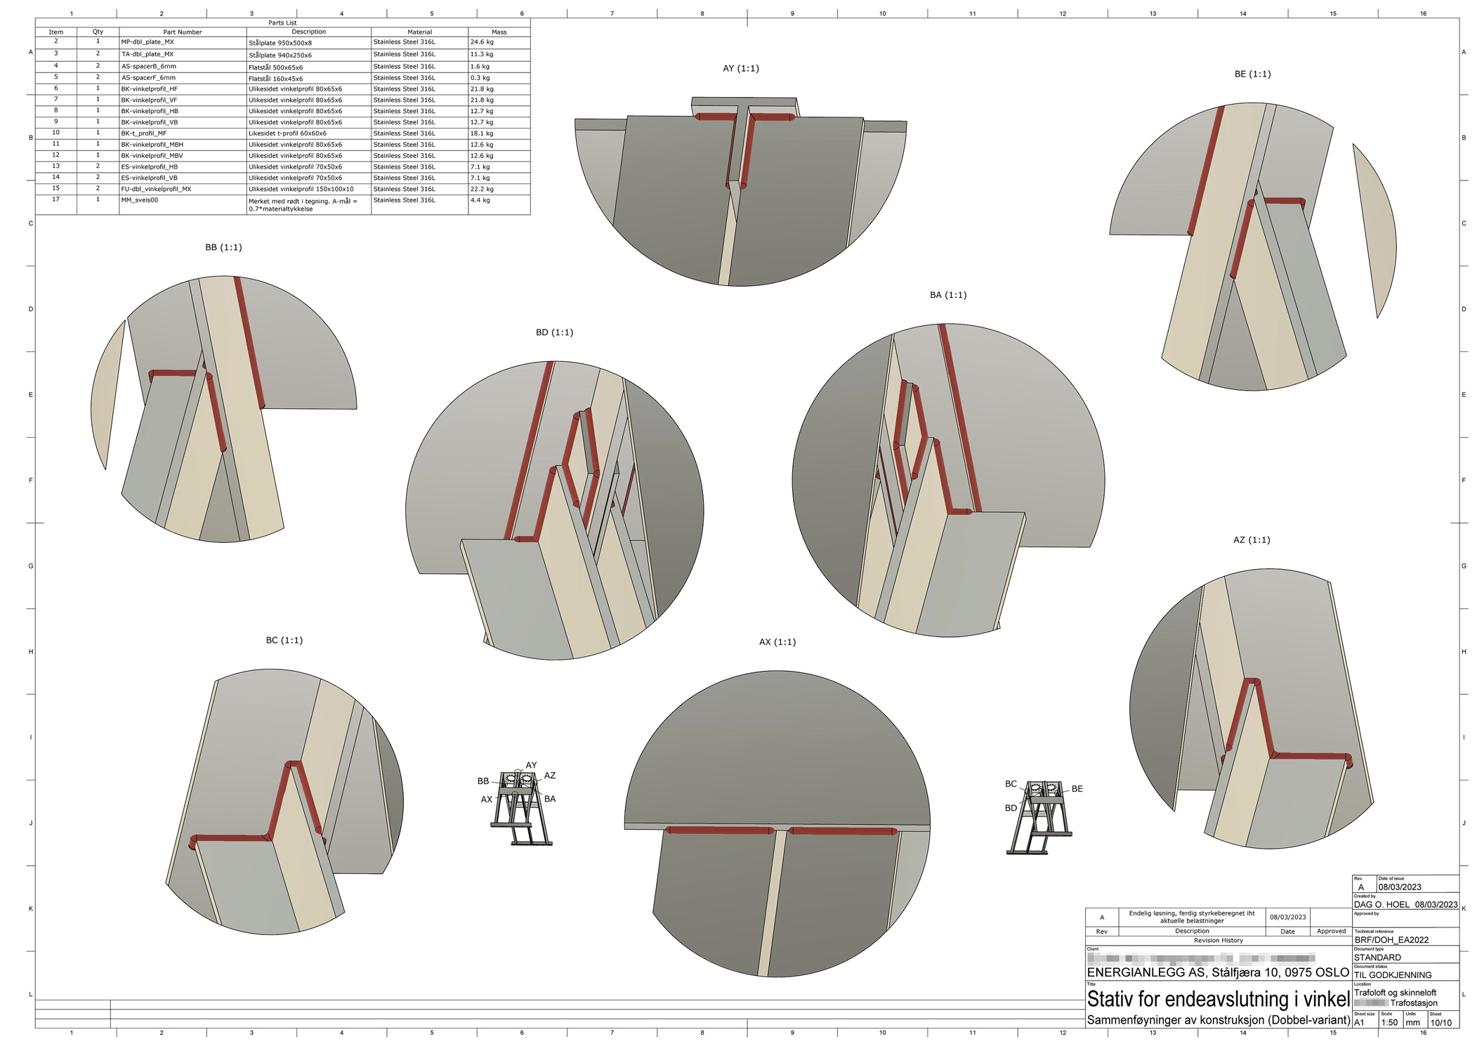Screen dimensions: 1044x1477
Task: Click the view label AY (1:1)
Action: (x=740, y=68)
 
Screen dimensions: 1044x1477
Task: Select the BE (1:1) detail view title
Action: (x=1252, y=74)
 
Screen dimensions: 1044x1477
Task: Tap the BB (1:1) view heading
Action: (x=223, y=247)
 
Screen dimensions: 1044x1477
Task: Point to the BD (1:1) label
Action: (x=554, y=332)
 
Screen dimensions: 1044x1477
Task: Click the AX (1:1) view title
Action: (x=777, y=642)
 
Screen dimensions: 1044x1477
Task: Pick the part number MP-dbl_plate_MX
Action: (x=147, y=42)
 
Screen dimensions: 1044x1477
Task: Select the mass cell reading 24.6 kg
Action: (x=482, y=42)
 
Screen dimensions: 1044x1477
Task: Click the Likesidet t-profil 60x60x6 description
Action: (x=287, y=133)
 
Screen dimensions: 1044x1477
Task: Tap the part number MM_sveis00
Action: (x=140, y=200)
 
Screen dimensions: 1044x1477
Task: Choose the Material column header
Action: (x=419, y=32)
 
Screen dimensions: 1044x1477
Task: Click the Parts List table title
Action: (x=282, y=22)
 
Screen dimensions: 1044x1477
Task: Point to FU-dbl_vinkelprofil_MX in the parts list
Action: (x=156, y=189)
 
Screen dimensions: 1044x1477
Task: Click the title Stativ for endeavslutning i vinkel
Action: (x=1218, y=999)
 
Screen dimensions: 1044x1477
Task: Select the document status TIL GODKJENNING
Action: (x=1392, y=975)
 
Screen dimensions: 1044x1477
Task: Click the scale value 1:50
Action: (x=1389, y=1023)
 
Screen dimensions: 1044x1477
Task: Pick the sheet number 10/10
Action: (x=1440, y=1023)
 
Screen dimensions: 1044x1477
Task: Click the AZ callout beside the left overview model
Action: (x=549, y=776)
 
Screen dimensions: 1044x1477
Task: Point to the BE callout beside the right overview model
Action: (x=1077, y=789)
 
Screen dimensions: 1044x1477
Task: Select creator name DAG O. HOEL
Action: (x=1381, y=905)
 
